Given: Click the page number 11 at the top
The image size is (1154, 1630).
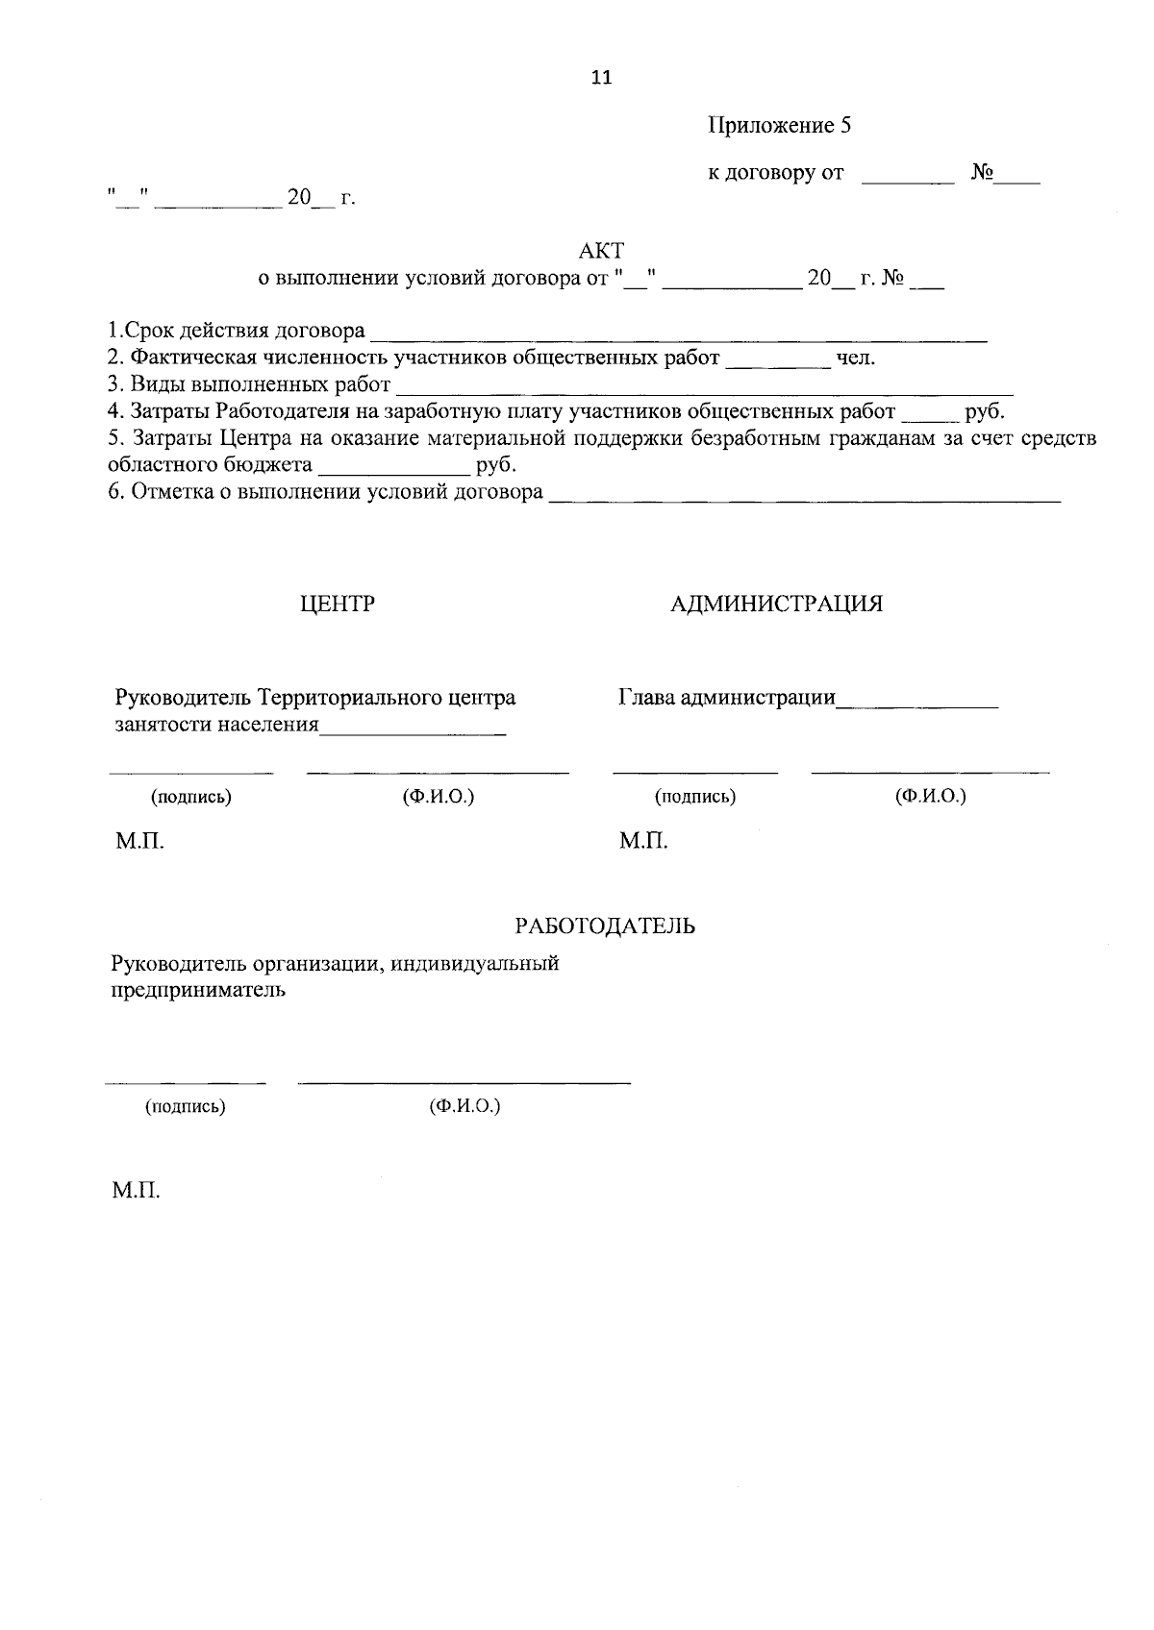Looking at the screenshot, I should (601, 79).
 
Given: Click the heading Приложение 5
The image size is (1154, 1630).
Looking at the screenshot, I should (780, 126).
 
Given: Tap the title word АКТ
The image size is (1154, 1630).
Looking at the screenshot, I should (601, 252).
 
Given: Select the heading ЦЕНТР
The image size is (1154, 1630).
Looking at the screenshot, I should (337, 605).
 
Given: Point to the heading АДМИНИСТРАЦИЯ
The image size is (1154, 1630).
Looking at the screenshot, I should (776, 605).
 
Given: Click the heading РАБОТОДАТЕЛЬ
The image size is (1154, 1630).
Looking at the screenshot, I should (605, 926).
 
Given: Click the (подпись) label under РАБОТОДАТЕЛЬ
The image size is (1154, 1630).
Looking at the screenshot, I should (186, 1107).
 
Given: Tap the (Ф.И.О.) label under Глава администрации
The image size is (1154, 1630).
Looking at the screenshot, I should (930, 797).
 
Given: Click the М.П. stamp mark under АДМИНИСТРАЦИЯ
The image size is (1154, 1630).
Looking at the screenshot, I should (643, 843).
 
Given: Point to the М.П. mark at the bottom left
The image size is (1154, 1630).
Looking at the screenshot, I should (136, 1192).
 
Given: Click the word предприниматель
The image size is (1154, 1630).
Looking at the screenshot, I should (198, 991).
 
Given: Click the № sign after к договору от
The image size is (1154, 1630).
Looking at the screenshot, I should (982, 174).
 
